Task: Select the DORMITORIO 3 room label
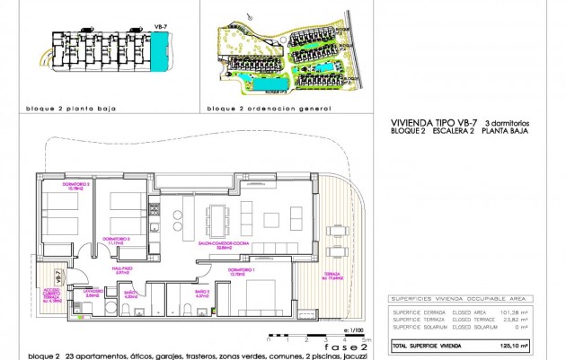pos(120,240)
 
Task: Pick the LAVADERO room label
pos(93,292)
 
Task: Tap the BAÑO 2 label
pos(201,292)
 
